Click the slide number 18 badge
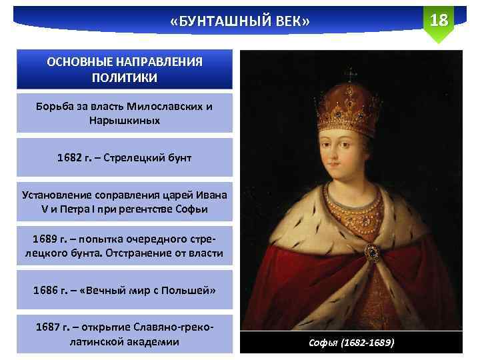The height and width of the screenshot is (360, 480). point(439,20)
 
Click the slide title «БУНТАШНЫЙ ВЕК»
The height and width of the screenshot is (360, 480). point(240,23)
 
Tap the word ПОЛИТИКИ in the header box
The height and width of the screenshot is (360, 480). point(125,78)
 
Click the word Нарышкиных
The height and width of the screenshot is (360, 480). point(125,122)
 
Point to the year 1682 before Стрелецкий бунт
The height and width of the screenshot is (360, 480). point(69,157)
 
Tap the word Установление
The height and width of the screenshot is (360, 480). point(55,195)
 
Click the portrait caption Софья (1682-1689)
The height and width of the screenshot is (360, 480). point(351,343)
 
